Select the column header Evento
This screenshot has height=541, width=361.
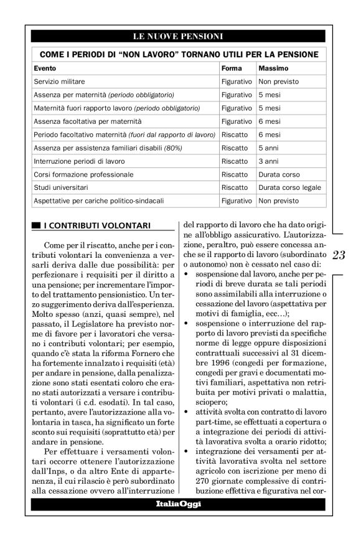coord(45,67)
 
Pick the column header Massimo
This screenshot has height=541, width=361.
coord(273,67)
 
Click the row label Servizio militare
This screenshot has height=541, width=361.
coord(60,81)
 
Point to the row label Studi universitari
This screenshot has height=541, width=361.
coord(61,188)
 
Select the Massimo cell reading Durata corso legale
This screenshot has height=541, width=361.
coord(290,188)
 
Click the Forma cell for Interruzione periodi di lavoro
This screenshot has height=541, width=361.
coord(235,161)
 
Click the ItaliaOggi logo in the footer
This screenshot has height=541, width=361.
coord(178,504)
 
